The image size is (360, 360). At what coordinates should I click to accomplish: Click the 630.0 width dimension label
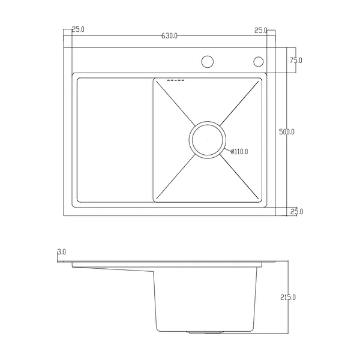tap(169, 36)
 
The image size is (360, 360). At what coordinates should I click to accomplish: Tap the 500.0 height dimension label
tap(287, 132)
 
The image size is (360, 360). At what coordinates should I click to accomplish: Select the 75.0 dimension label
tap(296, 61)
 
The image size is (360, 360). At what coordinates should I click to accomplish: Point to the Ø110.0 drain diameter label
tap(239, 152)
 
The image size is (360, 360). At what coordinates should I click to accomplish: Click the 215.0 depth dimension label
tap(288, 298)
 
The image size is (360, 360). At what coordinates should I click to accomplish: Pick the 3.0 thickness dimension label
tap(62, 252)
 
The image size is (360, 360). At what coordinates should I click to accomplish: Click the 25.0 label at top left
tap(78, 29)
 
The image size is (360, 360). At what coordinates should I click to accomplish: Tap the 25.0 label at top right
tap(261, 31)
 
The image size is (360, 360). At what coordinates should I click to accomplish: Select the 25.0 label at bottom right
tap(296, 211)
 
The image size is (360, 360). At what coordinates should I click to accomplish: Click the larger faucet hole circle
tap(208, 62)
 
